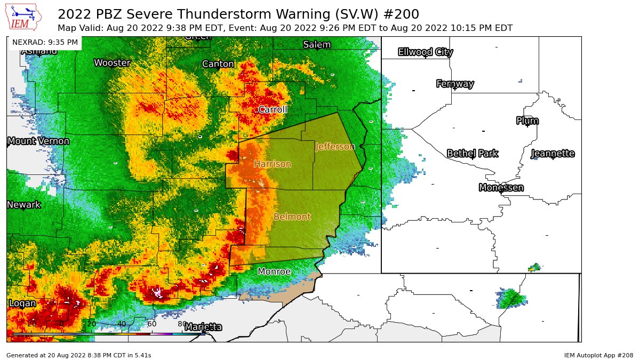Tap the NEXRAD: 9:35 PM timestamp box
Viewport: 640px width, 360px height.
45,42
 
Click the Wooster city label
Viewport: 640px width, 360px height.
112,63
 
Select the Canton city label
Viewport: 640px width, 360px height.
218,64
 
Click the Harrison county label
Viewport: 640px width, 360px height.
273,164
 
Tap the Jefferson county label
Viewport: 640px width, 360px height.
335,146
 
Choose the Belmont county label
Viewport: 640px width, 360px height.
292,217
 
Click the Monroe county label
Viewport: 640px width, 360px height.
274,272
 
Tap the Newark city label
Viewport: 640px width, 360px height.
24,205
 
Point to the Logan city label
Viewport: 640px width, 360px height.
22,303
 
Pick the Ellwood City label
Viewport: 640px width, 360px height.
426,52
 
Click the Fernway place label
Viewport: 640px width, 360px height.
455,84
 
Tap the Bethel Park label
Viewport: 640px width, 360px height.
473,154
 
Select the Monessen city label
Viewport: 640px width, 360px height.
501,188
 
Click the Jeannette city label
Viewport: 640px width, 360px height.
553,154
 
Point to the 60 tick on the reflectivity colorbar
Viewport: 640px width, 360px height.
151,324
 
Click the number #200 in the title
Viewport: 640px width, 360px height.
400,14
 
